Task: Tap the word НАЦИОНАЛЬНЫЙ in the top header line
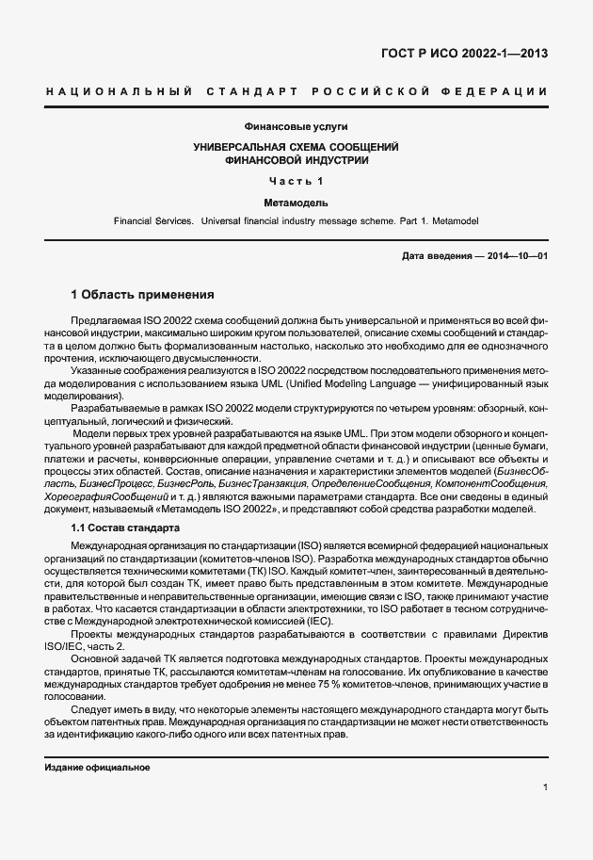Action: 119,91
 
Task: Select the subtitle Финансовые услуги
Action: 296,127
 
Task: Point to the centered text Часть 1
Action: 296,181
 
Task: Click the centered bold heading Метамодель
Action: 296,202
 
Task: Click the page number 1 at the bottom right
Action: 545,787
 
